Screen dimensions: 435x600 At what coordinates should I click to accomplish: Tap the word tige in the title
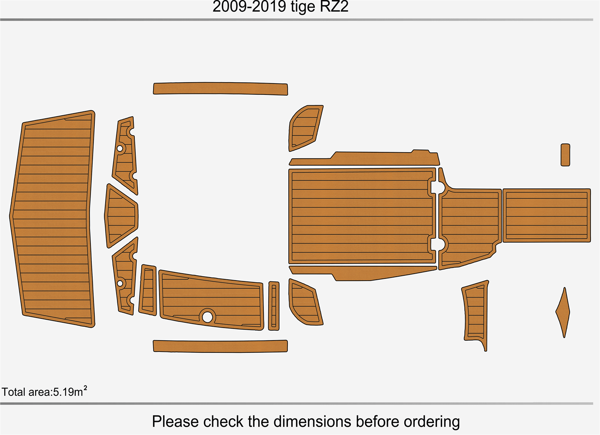coord(303,7)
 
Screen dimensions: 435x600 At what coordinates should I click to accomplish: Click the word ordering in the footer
coord(431,422)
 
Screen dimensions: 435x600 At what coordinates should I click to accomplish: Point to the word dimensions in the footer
coord(312,422)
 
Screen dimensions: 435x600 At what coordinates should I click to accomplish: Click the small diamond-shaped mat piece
coord(563,312)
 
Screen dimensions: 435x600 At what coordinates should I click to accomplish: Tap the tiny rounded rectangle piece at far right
coord(565,155)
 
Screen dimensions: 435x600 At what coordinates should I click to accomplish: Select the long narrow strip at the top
coord(220,88)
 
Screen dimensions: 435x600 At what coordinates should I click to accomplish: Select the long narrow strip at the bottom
coord(220,346)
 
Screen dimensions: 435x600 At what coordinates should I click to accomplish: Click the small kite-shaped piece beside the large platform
coord(121,215)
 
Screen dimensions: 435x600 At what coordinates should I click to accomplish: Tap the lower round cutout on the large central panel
coord(439,244)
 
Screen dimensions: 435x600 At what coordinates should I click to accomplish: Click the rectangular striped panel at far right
coord(547,215)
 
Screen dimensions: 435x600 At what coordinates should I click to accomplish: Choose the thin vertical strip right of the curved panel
coord(273,306)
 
